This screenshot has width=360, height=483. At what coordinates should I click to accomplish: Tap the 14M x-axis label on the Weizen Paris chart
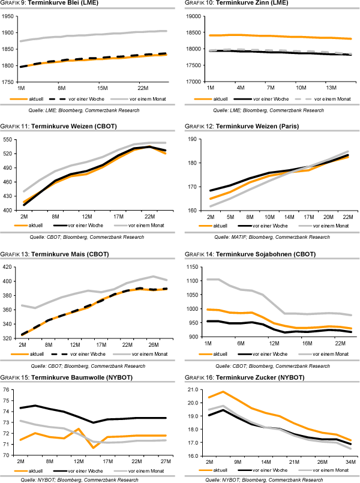coord(289,217)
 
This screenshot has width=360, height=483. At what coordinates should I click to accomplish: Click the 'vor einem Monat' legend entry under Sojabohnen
coord(326,353)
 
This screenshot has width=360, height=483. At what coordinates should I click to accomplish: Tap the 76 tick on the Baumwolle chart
coord(8,390)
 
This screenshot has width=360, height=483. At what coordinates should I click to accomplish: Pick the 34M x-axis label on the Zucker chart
coord(349,462)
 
